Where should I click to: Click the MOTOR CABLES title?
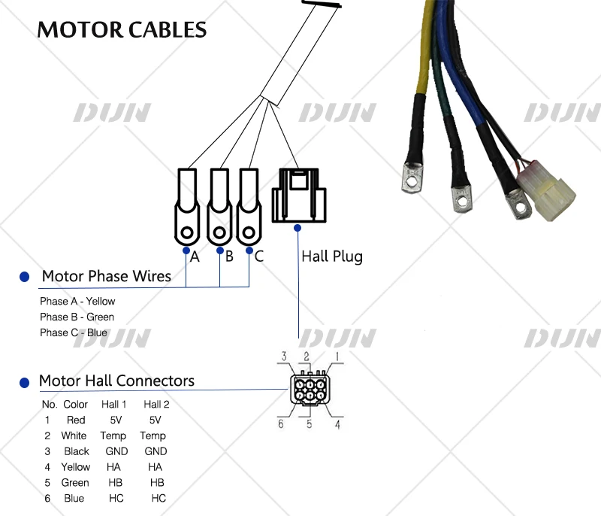pyautogui.click(x=122, y=29)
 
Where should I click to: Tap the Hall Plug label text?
pyautogui.click(x=332, y=256)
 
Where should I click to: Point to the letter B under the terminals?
pyautogui.click(x=229, y=256)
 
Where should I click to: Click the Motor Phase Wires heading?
pyautogui.click(x=107, y=276)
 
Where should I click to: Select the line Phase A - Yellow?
pyautogui.click(x=77, y=301)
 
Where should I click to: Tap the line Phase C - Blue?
pyautogui.click(x=74, y=332)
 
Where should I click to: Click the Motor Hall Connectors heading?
pyautogui.click(x=116, y=381)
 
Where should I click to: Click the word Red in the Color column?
pyautogui.click(x=76, y=420)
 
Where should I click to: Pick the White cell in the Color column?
pyautogui.click(x=74, y=436)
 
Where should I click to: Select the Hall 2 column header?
pyautogui.click(x=157, y=404)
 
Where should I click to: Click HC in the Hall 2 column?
pyautogui.click(x=159, y=498)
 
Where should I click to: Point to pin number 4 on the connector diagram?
pyautogui.click(x=338, y=425)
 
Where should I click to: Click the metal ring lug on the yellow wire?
pyautogui.click(x=409, y=175)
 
